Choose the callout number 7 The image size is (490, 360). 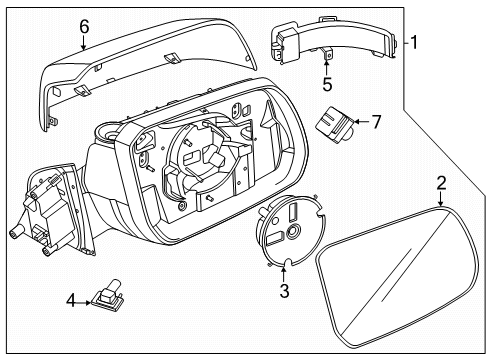376,123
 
